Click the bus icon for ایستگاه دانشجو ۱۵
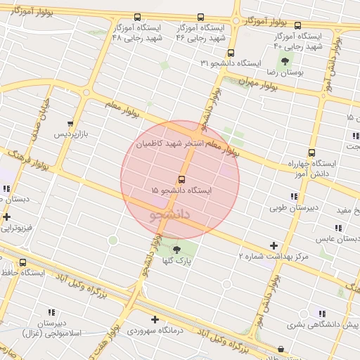pos(181,179)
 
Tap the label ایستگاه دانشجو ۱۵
pos(181,191)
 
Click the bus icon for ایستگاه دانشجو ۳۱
pos(231,53)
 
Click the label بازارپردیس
pos(74,134)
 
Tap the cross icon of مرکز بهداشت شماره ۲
pos(274,245)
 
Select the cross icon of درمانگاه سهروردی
pos(155,319)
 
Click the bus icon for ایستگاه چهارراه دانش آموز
pos(311,153)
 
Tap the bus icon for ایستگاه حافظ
pos(24,263)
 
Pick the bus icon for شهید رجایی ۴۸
pos(137,18)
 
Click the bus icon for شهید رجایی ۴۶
pos(201,18)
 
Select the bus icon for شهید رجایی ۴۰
pos(297,25)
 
